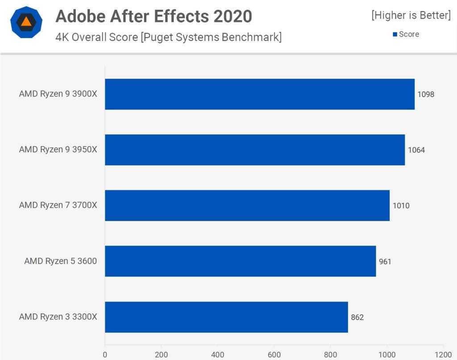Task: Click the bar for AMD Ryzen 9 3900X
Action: tap(260, 94)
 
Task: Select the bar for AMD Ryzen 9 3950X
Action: tap(255, 150)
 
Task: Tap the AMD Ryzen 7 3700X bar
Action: tap(247, 205)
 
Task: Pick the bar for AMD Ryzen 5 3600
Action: tap(241, 261)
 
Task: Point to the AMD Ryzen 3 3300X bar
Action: tap(226, 317)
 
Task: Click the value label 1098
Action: tap(426, 94)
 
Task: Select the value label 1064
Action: tap(416, 150)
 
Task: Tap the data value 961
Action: tap(385, 261)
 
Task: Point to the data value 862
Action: tap(357, 317)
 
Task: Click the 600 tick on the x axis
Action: tap(274, 355)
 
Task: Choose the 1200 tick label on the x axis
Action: tap(443, 355)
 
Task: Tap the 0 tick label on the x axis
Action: tap(105, 355)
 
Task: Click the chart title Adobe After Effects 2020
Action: tap(154, 17)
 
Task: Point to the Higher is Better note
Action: tap(411, 16)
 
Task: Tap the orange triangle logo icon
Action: tap(26, 22)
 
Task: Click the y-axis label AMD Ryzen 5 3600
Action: tap(60, 261)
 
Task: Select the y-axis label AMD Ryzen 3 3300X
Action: tap(58, 317)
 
